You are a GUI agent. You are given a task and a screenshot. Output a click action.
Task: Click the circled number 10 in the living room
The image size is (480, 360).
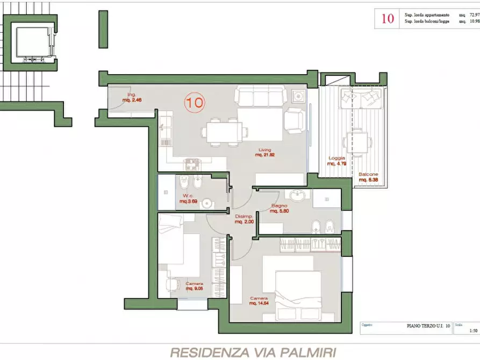coord(195,103)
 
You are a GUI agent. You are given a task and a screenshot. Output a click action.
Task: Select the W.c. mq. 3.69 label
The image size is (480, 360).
coord(188,199)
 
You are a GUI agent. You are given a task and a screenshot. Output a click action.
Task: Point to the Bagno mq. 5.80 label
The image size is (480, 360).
coord(280,209)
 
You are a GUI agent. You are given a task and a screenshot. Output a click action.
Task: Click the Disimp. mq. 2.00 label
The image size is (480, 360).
coord(244,219)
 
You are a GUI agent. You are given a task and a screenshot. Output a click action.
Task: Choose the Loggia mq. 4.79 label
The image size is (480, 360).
coord(337,161)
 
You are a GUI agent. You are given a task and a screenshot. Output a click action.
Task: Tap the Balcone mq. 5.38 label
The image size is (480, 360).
coord(369,177)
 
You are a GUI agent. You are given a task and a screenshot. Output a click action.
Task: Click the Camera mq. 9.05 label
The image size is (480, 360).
coord(194,286)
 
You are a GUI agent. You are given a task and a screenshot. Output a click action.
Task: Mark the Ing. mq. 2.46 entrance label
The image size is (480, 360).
coord(131,97)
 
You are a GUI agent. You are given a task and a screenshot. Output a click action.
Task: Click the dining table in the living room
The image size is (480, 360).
coord(225,131)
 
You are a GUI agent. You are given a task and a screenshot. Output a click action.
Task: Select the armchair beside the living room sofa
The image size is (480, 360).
coord(294,120)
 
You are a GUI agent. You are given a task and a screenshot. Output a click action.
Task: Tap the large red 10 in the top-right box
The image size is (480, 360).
coord(387,19)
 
